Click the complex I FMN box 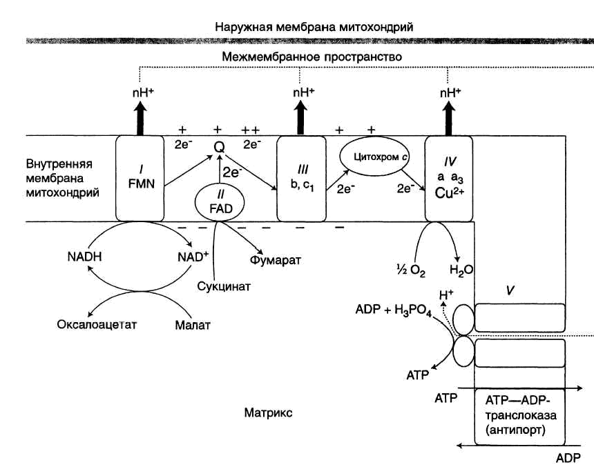click(139, 178)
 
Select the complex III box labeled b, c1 click(301, 178)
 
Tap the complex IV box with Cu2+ click(449, 178)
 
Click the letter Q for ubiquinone click(219, 146)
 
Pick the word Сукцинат click(222, 285)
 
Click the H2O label click(461, 270)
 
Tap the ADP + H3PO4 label click(392, 310)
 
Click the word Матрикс click(268, 413)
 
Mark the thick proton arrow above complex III click(301, 117)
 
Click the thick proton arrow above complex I click(139, 117)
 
